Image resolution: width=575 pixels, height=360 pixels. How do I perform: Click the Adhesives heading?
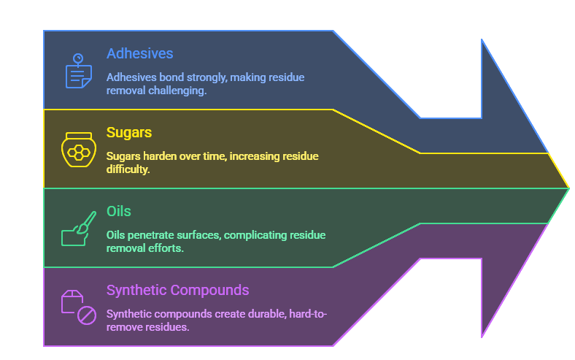139,53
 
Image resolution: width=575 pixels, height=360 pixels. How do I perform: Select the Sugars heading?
129,132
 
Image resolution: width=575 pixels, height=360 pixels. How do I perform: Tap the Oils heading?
119,211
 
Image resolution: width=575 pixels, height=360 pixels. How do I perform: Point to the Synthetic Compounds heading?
177,290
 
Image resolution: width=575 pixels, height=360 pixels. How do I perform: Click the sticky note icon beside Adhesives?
79,72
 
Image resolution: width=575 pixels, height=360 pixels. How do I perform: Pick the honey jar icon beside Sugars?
78,150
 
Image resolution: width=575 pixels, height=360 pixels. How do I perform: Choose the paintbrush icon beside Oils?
78,229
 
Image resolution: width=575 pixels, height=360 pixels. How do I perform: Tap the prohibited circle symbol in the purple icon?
87,315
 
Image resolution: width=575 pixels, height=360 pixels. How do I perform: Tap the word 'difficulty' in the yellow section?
129,169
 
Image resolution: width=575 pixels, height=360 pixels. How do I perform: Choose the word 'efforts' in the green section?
170,248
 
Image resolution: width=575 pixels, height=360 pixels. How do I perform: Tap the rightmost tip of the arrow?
568,188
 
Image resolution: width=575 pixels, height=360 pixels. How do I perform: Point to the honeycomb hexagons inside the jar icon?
78,153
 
